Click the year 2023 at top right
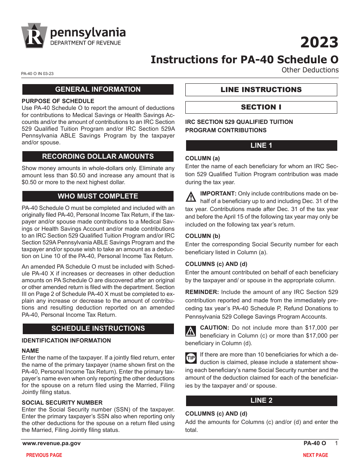[x=319, y=42]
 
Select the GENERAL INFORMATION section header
[x=98, y=89]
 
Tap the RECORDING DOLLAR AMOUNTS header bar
[x=98, y=156]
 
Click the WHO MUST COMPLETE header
[x=98, y=196]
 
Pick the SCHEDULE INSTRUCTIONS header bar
[x=98, y=328]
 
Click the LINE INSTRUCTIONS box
[x=261, y=90]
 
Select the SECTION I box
[x=261, y=107]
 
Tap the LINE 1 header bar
[x=261, y=145]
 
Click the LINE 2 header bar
[x=261, y=400]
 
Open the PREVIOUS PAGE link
[x=44, y=455]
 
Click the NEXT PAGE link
[x=315, y=455]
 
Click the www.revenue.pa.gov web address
[x=51, y=443]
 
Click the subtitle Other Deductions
[x=310, y=70]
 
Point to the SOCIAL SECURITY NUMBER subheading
[x=62, y=402]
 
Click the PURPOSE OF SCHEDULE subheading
[x=58, y=101]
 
